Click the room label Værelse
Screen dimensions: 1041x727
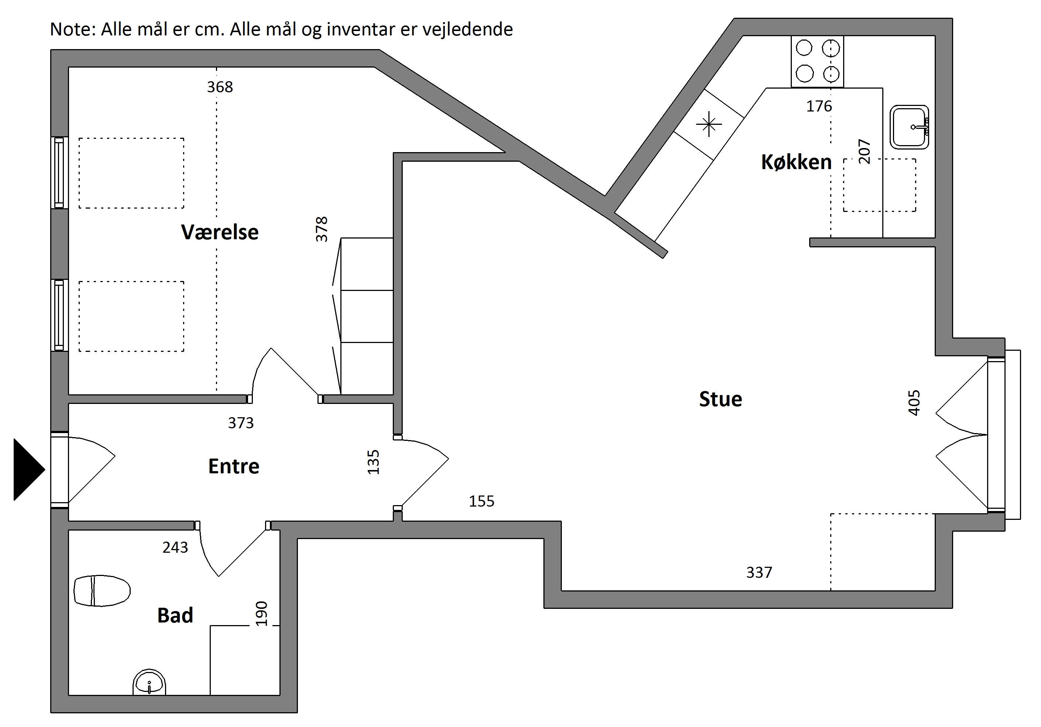pos(220,232)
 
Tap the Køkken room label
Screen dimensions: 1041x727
pos(796,162)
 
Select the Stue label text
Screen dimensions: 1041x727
pos(721,399)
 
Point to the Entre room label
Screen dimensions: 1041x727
pos(234,466)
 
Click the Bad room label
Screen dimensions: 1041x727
pos(175,615)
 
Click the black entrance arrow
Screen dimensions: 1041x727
pos(29,469)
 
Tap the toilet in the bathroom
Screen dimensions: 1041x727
pos(102,590)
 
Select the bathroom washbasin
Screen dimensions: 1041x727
pos(149,682)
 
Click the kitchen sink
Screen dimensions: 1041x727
pos(909,127)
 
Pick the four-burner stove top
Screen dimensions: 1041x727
pos(817,61)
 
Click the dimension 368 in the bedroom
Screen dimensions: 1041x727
pos(220,87)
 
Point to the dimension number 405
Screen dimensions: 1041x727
pos(914,403)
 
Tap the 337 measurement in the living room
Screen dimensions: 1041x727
pos(759,572)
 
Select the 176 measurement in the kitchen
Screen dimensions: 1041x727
pos(819,106)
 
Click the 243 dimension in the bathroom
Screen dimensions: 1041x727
pos(175,548)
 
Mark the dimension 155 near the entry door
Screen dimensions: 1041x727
pos(481,501)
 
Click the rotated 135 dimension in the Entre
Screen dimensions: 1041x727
pos(373,462)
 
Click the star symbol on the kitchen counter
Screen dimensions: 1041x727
pos(709,124)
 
